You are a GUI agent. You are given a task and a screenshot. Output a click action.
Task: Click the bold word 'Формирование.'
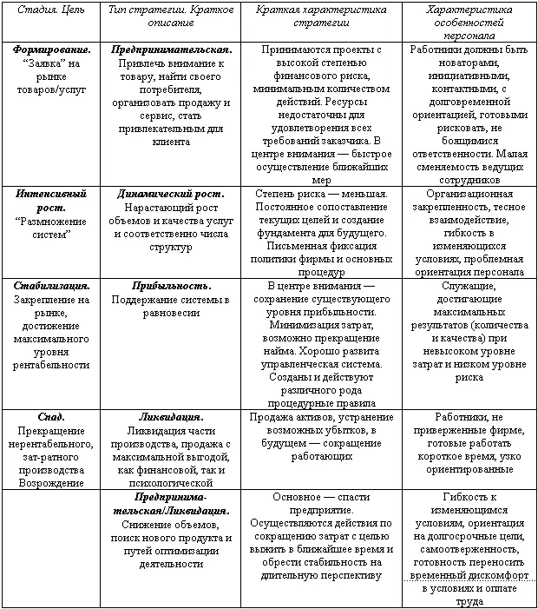point(49,50)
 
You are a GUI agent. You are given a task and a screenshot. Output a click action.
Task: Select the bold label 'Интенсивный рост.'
point(49,201)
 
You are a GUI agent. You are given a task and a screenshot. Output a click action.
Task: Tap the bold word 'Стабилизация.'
point(49,284)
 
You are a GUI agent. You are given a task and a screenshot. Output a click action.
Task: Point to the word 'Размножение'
point(50,221)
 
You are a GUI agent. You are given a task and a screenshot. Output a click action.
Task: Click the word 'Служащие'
point(469,284)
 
